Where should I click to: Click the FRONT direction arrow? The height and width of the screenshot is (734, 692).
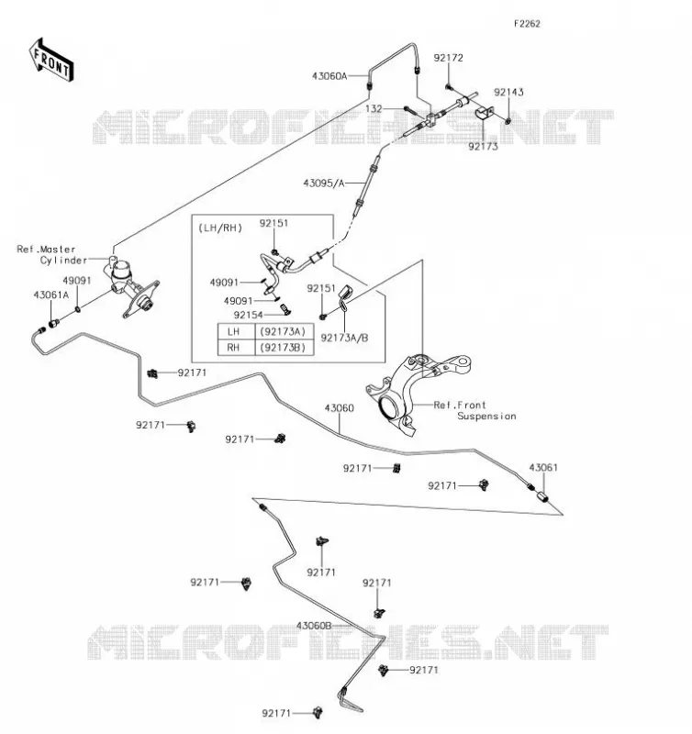click(x=51, y=61)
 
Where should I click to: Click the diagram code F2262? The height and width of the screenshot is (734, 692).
click(x=527, y=24)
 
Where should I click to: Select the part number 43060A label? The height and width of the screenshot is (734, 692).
click(x=329, y=76)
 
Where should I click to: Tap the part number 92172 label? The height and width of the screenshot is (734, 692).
click(x=448, y=58)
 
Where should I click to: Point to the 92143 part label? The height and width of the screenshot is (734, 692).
click(x=508, y=92)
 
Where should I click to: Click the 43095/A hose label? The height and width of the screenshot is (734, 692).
click(x=324, y=183)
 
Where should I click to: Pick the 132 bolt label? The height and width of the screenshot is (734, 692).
click(x=374, y=108)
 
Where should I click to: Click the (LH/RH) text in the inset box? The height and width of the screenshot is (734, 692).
click(x=220, y=228)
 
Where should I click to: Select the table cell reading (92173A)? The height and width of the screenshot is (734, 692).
click(x=283, y=331)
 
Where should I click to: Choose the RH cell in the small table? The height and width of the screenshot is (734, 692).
click(x=233, y=348)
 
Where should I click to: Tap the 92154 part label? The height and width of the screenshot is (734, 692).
click(x=248, y=315)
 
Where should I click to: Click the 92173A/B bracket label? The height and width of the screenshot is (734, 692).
click(x=344, y=338)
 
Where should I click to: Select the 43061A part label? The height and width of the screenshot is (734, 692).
click(x=51, y=295)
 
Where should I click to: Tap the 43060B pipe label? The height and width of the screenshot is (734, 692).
click(x=314, y=626)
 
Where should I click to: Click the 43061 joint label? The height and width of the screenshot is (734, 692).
click(x=543, y=467)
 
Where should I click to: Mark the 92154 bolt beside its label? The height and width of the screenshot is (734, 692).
click(x=283, y=308)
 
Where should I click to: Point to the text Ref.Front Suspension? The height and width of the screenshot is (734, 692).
click(x=474, y=410)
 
